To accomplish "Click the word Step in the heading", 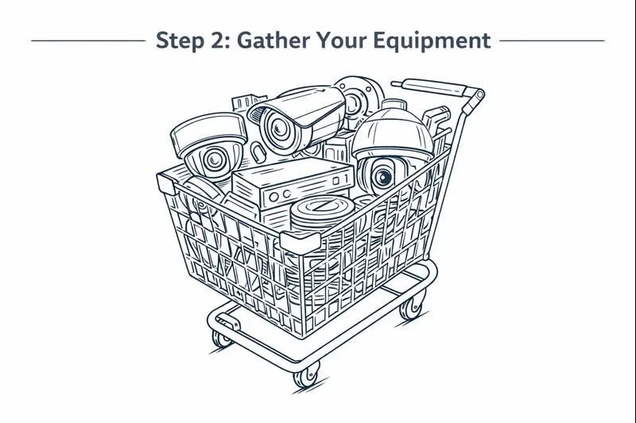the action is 179,40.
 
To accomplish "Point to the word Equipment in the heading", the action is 432,40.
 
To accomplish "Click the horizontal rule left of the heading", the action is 88,40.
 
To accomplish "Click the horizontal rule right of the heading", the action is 552,40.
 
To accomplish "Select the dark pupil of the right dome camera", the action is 383,177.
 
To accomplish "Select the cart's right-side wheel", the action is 411,308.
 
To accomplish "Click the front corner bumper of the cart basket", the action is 301,242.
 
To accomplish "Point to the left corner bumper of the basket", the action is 166,183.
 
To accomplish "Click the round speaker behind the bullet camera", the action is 360,99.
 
